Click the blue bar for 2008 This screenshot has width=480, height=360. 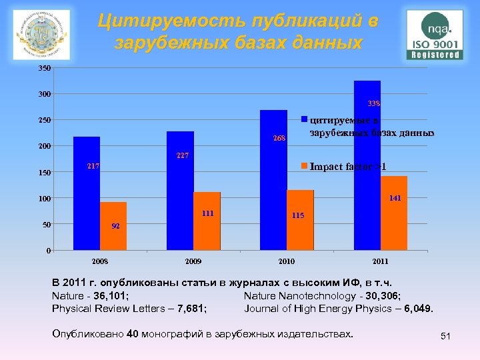(x=87, y=193)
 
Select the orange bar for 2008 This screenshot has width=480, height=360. (x=113, y=226)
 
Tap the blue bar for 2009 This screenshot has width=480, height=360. (x=180, y=191)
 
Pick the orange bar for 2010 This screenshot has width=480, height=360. (x=300, y=220)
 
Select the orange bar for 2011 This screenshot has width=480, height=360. (x=394, y=213)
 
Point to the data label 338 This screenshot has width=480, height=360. (x=374, y=103)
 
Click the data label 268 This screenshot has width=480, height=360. (x=279, y=139)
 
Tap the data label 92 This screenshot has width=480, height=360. (x=115, y=226)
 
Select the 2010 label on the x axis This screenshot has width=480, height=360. (x=287, y=261)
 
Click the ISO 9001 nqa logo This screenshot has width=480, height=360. (x=435, y=35)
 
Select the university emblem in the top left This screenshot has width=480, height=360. (x=41, y=35)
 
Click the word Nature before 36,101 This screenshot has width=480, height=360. (x=67, y=296)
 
